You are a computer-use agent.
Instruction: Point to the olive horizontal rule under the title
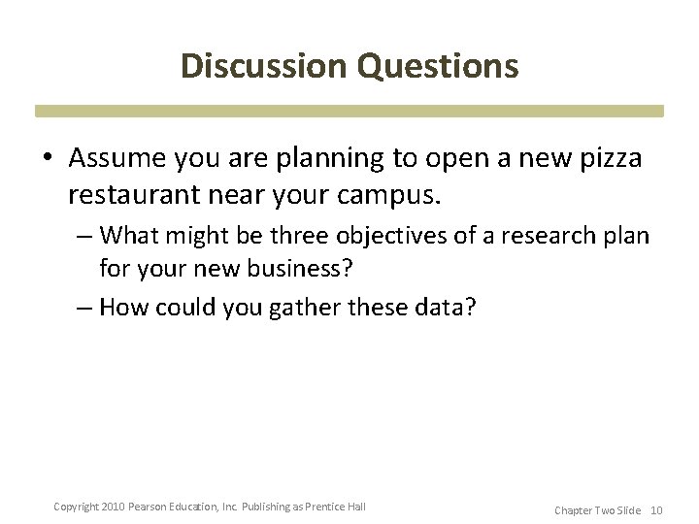point(349,111)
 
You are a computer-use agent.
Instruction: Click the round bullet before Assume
point(49,158)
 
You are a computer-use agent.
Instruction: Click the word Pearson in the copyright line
point(155,507)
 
